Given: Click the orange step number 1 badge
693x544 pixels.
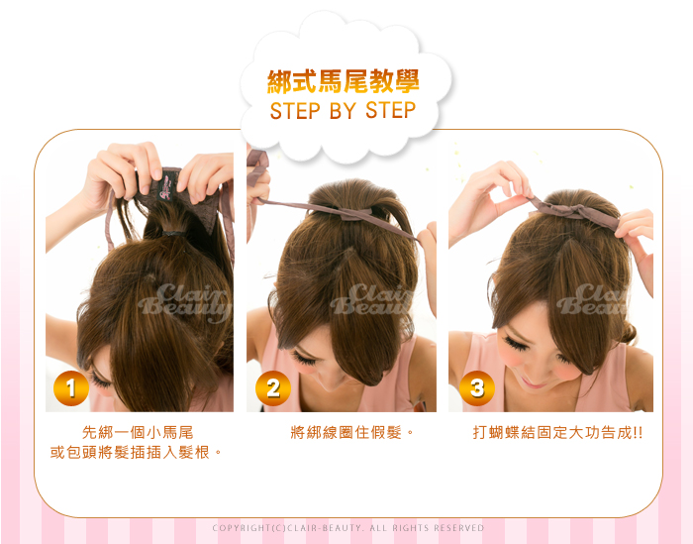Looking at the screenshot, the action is (70, 388).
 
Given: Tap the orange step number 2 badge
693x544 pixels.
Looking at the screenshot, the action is (272, 388).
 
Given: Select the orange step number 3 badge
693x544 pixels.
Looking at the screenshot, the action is (477, 388).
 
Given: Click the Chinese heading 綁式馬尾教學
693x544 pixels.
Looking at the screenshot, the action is (343, 81).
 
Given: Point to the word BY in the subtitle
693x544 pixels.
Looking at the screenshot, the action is (343, 111).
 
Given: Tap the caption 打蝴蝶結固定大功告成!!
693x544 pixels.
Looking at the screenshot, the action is (557, 432).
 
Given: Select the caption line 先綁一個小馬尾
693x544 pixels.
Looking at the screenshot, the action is (138, 432).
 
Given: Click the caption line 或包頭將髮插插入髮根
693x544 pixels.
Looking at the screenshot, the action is (136, 452).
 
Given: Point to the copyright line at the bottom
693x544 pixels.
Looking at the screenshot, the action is (348, 527).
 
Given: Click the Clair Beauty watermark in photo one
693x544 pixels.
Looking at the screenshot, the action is (185, 302).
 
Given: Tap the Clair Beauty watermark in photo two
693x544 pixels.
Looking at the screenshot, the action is (371, 300).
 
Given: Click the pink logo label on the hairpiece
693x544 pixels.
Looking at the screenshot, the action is (166, 188).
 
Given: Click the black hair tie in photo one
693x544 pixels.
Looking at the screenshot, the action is (173, 233).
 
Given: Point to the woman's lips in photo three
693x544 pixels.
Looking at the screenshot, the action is (532, 382).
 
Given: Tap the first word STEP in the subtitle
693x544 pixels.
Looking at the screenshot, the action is (295, 111).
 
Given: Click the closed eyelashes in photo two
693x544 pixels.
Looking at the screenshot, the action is (304, 358).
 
